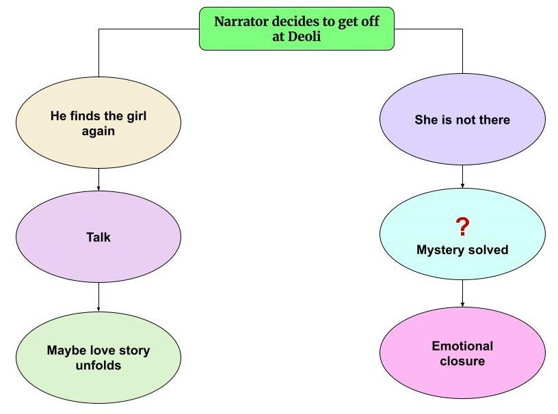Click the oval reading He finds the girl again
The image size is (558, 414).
pyautogui.click(x=98, y=122)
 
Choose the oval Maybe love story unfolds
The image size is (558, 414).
pyautogui.click(x=98, y=357)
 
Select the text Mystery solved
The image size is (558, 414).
pyautogui.click(x=462, y=249)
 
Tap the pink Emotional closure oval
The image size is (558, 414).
pyautogui.click(x=462, y=353)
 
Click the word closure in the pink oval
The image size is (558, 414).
pyautogui.click(x=462, y=361)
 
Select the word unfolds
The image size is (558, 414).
pyautogui.click(x=98, y=365)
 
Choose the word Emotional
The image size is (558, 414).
pyautogui.click(x=462, y=346)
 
